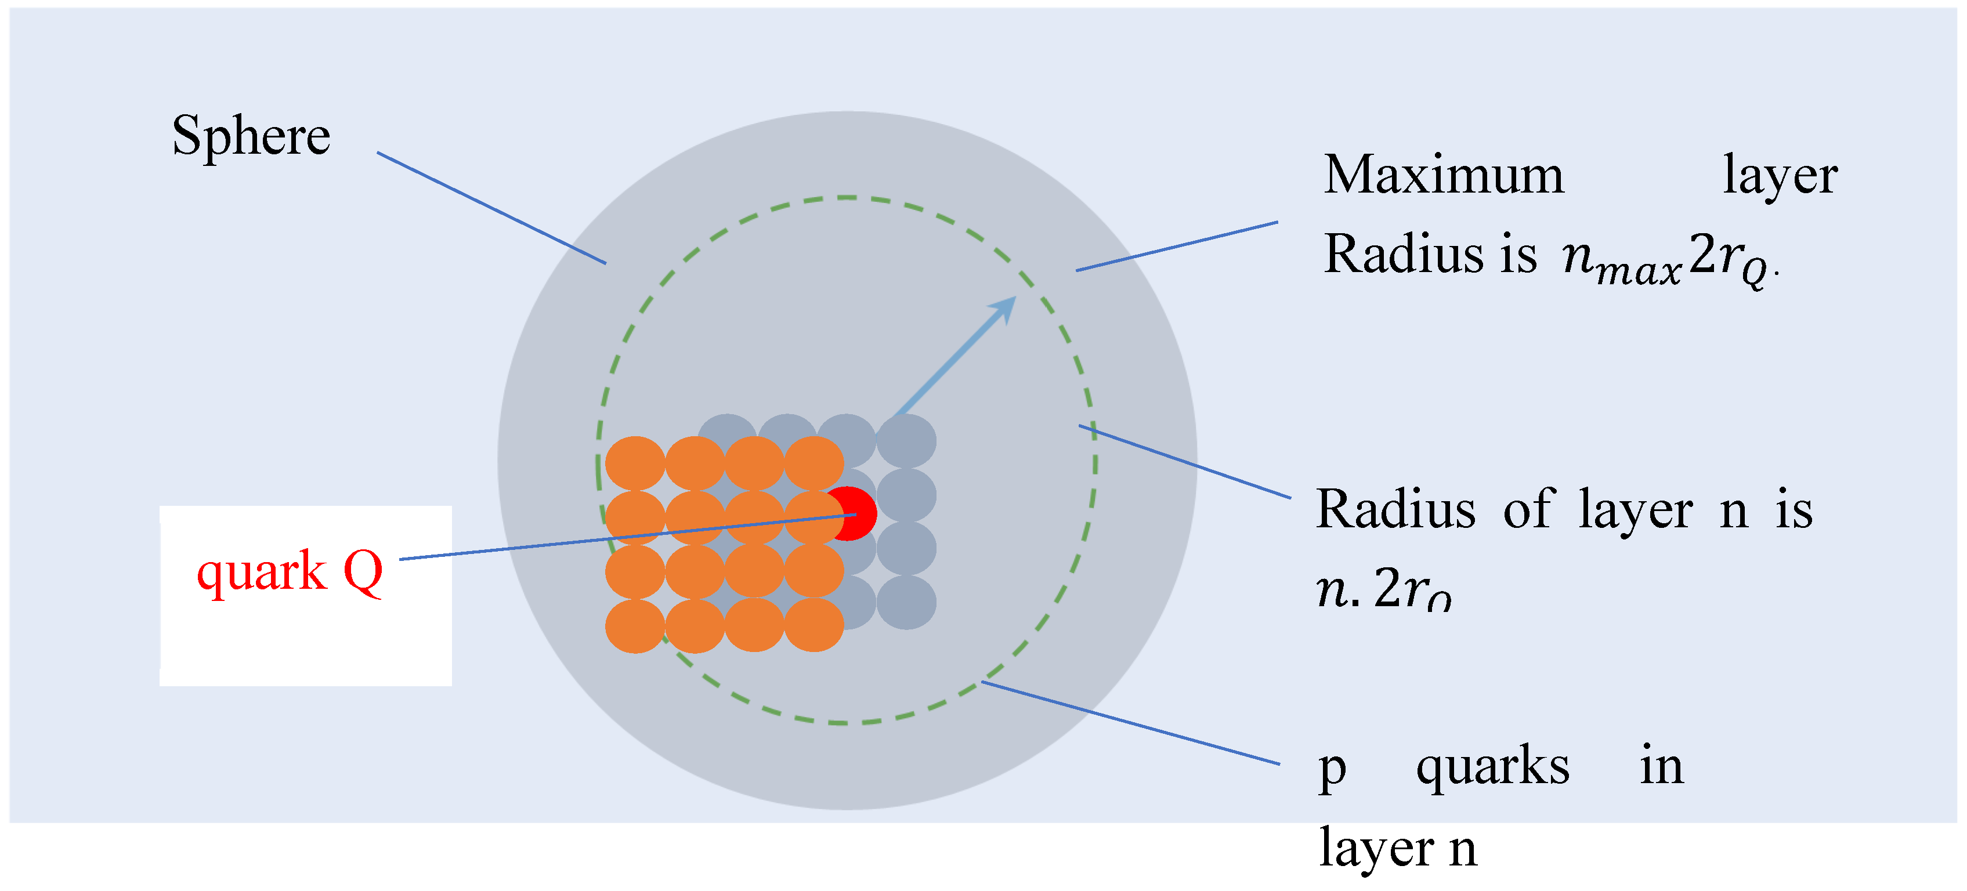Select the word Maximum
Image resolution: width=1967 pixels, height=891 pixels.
[x=1443, y=176]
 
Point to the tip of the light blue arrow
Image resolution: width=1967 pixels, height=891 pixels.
[x=1014, y=299]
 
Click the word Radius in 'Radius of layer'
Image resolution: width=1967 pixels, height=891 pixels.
[x=1396, y=510]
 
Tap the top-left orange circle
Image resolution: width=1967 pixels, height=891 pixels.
[x=635, y=463]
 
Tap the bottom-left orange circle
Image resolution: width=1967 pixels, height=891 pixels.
[x=635, y=626]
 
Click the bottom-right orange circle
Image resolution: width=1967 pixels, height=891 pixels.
[x=814, y=625]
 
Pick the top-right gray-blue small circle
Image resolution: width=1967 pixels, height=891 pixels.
[x=906, y=440]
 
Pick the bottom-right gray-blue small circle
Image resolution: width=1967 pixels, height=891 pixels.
[x=906, y=603]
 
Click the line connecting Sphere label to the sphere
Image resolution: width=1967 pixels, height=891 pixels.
[x=491, y=208]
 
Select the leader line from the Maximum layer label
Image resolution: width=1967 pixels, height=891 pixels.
[x=1177, y=247]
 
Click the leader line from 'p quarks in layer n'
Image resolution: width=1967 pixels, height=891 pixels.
[x=1130, y=722]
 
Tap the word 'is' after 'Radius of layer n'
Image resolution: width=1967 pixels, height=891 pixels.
[x=1794, y=510]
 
